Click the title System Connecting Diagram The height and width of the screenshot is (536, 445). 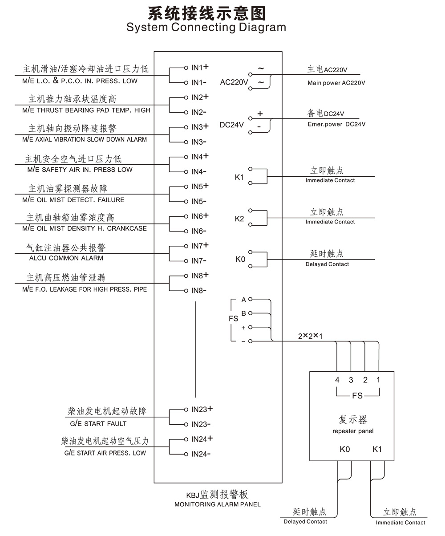click(206, 28)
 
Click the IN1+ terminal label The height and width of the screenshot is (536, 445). click(200, 68)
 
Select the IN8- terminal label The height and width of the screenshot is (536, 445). click(199, 291)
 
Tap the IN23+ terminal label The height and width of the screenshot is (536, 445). click(202, 409)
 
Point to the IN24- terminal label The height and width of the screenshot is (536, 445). click(201, 454)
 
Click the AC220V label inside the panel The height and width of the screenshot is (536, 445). click(234, 82)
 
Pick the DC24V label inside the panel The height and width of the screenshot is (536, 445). click(232, 125)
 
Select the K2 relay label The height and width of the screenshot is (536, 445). click(239, 219)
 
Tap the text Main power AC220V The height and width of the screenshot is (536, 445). click(336, 83)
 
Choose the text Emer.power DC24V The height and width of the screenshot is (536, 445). click(336, 124)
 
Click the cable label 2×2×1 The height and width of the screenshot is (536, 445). click(310, 336)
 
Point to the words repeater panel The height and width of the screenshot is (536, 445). click(353, 431)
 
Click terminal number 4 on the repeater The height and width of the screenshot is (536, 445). click(337, 380)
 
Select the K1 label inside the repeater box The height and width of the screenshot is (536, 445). click(377, 449)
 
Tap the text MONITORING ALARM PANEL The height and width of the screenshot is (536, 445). click(218, 504)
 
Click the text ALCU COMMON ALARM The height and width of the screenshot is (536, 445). click(66, 258)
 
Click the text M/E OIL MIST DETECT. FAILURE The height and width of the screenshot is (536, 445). click(73, 200)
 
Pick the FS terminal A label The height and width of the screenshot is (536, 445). click(243, 300)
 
